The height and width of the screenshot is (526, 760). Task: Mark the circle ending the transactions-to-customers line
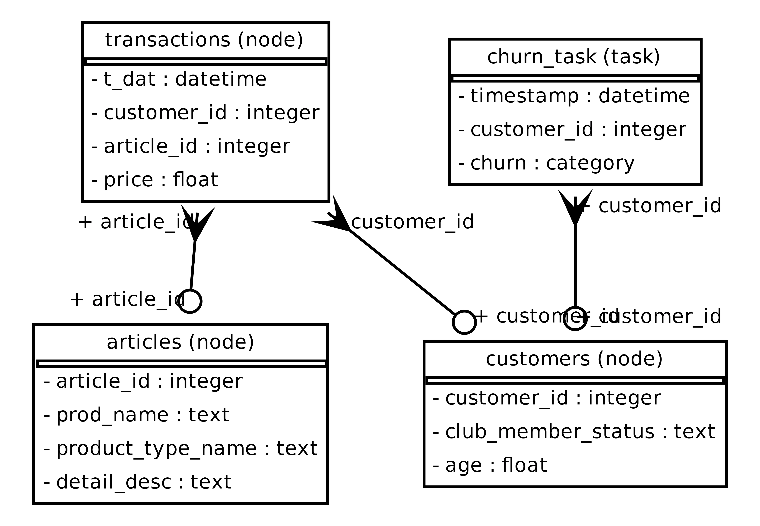coord(464,322)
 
